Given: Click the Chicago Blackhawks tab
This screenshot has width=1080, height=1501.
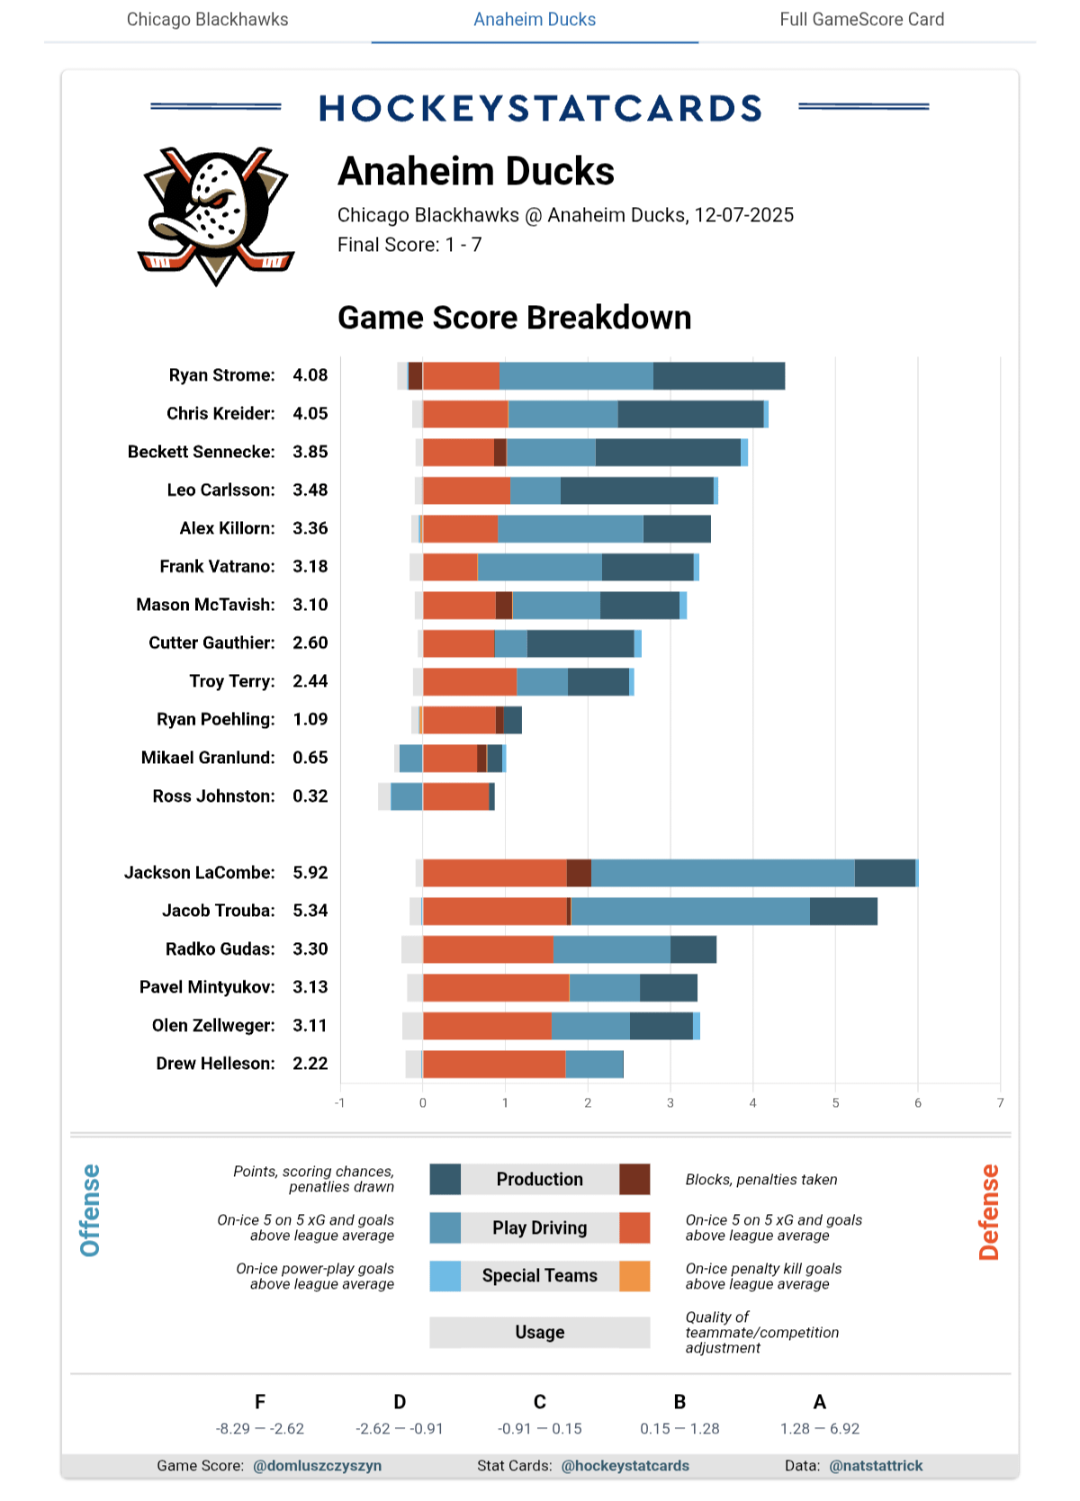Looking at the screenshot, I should [x=207, y=20].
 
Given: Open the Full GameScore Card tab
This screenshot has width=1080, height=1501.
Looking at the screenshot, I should [x=861, y=20].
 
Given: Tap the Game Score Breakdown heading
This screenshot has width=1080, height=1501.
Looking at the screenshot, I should [x=514, y=318].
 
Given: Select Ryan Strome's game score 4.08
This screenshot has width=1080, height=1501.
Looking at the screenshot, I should [x=310, y=375].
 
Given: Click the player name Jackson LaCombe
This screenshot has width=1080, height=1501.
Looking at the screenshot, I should [x=200, y=872].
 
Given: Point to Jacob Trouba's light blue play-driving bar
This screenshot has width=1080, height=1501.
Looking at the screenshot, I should [x=690, y=911].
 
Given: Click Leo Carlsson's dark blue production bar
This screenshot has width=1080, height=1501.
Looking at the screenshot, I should [x=636, y=490].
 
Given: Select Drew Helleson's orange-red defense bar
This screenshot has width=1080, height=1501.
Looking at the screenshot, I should [x=494, y=1064].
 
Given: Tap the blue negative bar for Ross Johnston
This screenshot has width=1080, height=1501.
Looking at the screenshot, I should [x=406, y=796].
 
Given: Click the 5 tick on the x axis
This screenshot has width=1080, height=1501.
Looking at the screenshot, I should [x=835, y=1103].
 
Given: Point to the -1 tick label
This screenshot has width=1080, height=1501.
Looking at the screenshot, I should [x=339, y=1103].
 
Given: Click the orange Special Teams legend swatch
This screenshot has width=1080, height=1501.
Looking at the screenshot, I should [x=634, y=1276].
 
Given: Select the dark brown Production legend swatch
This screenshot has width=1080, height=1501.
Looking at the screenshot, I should [x=634, y=1179].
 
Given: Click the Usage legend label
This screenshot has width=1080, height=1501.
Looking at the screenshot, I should [x=539, y=1332].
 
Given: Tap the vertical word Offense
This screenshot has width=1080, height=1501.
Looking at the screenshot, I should [x=90, y=1210].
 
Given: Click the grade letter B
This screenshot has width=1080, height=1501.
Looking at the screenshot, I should [x=679, y=1402].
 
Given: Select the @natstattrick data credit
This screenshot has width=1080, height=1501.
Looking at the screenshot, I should [x=876, y=1466].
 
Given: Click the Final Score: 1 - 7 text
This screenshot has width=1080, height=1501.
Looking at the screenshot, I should [x=409, y=245].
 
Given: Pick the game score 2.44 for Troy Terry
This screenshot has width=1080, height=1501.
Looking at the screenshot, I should [x=310, y=681].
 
